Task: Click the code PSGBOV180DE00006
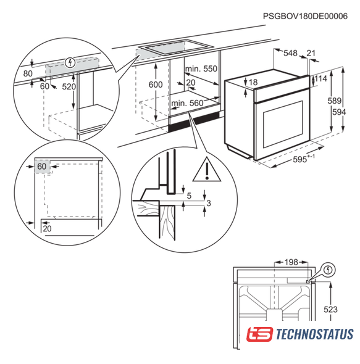[305, 16]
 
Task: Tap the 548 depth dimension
[290, 53]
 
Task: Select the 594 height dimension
[339, 112]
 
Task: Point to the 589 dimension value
[335, 101]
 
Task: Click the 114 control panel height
[321, 79]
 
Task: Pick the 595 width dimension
[300, 160]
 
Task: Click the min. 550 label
[201, 68]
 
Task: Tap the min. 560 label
[187, 103]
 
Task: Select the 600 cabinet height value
[156, 85]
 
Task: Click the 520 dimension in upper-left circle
[69, 86]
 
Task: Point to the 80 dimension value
[28, 73]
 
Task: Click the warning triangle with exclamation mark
[207, 169]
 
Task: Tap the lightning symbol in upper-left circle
[70, 62]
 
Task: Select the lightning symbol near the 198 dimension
[328, 270]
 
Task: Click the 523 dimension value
[330, 309]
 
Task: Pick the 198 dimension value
[291, 262]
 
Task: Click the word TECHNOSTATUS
[315, 334]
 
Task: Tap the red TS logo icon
[259, 334]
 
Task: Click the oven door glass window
[283, 125]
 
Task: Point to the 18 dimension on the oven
[253, 82]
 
